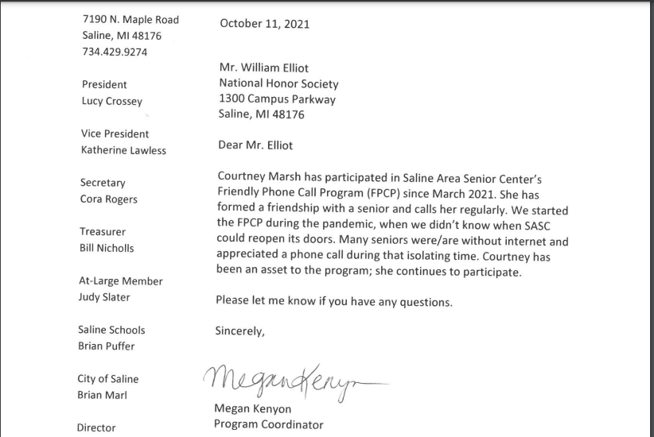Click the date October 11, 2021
click(265, 24)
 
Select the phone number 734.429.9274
click(115, 52)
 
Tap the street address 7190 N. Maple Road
click(130, 20)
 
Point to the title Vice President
click(115, 134)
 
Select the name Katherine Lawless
click(123, 150)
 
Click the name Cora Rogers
click(109, 199)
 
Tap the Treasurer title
click(103, 232)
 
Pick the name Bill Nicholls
click(107, 248)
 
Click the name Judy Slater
click(104, 297)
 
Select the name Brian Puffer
click(107, 346)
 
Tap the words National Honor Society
click(278, 83)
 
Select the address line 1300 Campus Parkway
click(277, 100)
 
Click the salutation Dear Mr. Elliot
click(255, 145)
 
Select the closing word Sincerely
click(239, 331)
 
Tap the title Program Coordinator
click(269, 424)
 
